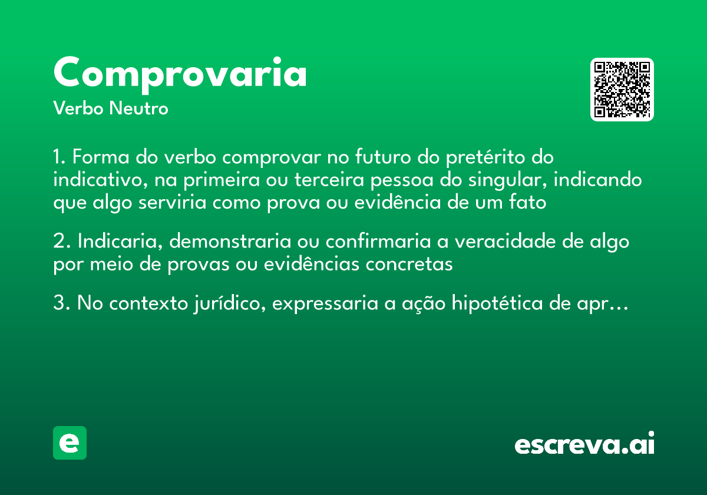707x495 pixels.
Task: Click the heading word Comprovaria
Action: (180, 74)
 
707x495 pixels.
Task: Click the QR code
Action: (622, 90)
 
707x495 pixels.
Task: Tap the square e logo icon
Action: (70, 443)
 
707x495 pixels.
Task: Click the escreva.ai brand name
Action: (584, 444)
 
